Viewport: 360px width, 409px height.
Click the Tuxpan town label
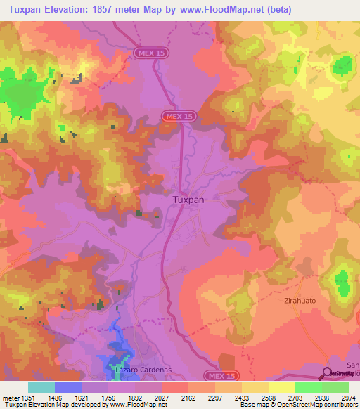click(x=188, y=200)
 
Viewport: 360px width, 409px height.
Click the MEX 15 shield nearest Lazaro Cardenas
click(x=221, y=376)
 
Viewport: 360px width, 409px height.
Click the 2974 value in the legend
click(x=348, y=397)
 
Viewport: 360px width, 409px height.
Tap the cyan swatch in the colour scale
click(x=41, y=387)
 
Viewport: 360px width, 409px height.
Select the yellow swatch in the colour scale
click(x=281, y=387)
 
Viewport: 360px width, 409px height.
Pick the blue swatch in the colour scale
click(x=67, y=387)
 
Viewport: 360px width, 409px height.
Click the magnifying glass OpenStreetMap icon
click(x=327, y=373)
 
